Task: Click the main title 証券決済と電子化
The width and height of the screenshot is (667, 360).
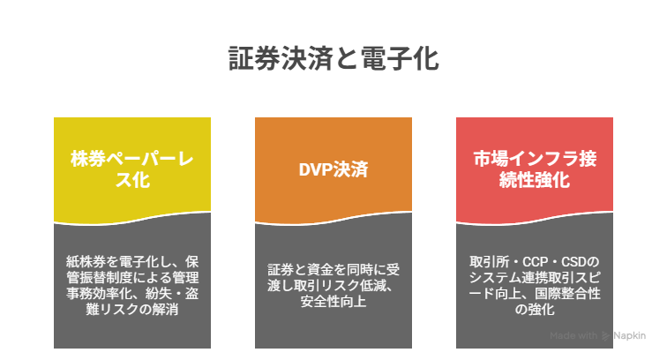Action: click(x=333, y=58)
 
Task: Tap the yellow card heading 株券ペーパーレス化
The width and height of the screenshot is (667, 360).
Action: click(x=132, y=169)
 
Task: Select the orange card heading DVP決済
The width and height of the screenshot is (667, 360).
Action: click(x=333, y=169)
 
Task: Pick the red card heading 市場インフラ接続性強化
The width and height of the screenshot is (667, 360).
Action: click(x=535, y=169)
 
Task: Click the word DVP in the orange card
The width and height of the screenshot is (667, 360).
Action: click(x=316, y=169)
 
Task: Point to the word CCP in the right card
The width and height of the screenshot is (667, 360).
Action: click(x=535, y=261)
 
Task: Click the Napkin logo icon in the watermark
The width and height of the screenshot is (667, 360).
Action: click(x=605, y=336)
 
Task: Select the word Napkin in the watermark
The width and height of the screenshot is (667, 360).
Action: click(x=630, y=336)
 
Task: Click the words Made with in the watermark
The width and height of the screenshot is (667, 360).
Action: click(x=573, y=336)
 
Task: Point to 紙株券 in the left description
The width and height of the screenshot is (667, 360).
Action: click(x=86, y=261)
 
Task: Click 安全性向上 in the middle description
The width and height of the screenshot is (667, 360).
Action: click(x=333, y=302)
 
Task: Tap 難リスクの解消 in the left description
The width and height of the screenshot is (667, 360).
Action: click(x=132, y=310)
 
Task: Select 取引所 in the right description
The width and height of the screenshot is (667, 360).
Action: click(x=489, y=261)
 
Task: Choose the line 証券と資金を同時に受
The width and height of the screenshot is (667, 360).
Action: click(x=333, y=269)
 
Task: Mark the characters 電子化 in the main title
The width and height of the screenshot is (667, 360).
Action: click(x=400, y=58)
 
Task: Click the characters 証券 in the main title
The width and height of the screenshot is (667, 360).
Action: click(x=254, y=58)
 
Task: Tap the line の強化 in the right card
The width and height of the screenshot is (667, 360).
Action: click(x=535, y=310)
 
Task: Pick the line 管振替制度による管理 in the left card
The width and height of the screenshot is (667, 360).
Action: click(x=132, y=277)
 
